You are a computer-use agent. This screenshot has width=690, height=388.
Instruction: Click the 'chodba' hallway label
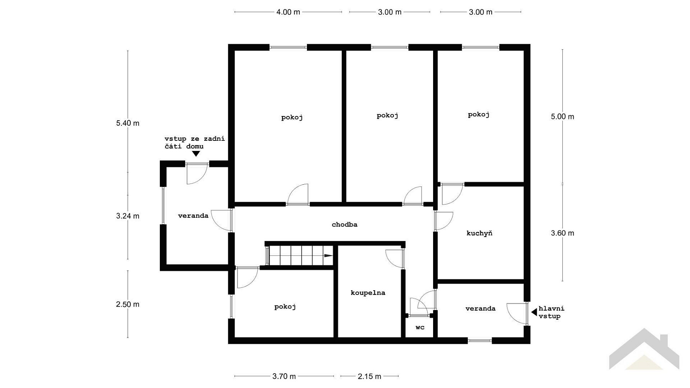[344, 225]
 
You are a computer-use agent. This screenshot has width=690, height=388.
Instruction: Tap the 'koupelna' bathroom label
[368, 293]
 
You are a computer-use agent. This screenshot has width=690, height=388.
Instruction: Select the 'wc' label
[420, 327]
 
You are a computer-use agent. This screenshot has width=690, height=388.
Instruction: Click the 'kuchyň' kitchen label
[479, 233]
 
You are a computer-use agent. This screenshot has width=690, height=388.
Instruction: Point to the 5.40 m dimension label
[128, 123]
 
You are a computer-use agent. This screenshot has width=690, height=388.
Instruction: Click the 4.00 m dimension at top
[288, 12]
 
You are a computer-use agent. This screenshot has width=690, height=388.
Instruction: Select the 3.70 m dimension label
[284, 376]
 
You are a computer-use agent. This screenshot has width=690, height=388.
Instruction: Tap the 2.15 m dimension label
[369, 376]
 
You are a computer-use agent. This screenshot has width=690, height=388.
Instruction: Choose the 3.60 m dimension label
[562, 233]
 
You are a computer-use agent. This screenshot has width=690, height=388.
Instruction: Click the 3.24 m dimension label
[128, 216]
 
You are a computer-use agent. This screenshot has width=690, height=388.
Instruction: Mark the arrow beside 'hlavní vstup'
[534, 312]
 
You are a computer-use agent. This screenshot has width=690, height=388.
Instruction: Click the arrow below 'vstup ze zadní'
[196, 154]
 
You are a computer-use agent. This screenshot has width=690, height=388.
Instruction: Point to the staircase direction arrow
[328, 255]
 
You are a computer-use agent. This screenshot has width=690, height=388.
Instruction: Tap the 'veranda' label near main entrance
[480, 309]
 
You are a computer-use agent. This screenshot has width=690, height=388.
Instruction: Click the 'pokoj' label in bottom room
[285, 307]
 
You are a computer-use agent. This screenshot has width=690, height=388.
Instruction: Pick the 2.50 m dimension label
[128, 305]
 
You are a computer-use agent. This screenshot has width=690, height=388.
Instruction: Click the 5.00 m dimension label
[562, 117]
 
